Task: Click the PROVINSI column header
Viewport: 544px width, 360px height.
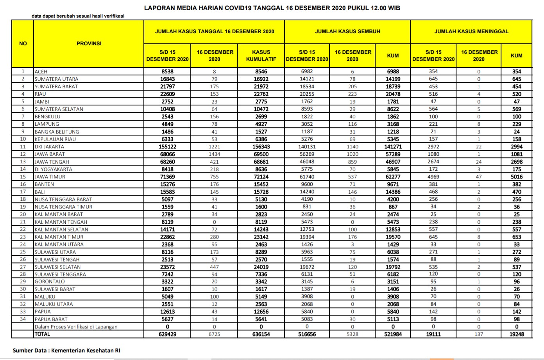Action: [89, 43]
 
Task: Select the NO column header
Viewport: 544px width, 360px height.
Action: [23, 43]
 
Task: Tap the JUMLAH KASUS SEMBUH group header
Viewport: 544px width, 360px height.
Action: [347, 31]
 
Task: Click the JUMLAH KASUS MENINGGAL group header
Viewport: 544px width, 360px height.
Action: [471, 31]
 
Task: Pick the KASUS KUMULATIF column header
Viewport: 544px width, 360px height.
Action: [261, 55]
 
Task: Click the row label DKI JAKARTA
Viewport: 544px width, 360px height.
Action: [49, 147]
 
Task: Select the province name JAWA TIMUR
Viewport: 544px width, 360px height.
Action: [50, 177]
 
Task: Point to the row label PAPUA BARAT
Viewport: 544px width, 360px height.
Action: [51, 319]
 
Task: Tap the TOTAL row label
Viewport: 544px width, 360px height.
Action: [42, 334]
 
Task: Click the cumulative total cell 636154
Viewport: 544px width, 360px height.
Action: [261, 334]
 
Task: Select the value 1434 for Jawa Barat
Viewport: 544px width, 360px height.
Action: [214, 154]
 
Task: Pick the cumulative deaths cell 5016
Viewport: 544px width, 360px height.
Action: [517, 177]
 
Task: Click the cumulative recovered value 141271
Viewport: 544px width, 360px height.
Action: [393, 147]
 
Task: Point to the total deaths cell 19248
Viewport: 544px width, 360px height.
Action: [517, 334]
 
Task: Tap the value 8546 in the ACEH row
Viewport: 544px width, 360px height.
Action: [261, 72]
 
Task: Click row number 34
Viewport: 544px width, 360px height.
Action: [23, 319]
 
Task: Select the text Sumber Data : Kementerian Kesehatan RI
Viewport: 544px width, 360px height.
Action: [66, 350]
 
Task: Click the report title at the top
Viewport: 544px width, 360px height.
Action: [272, 8]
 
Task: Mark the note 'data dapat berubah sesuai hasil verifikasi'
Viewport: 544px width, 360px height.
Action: [78, 16]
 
